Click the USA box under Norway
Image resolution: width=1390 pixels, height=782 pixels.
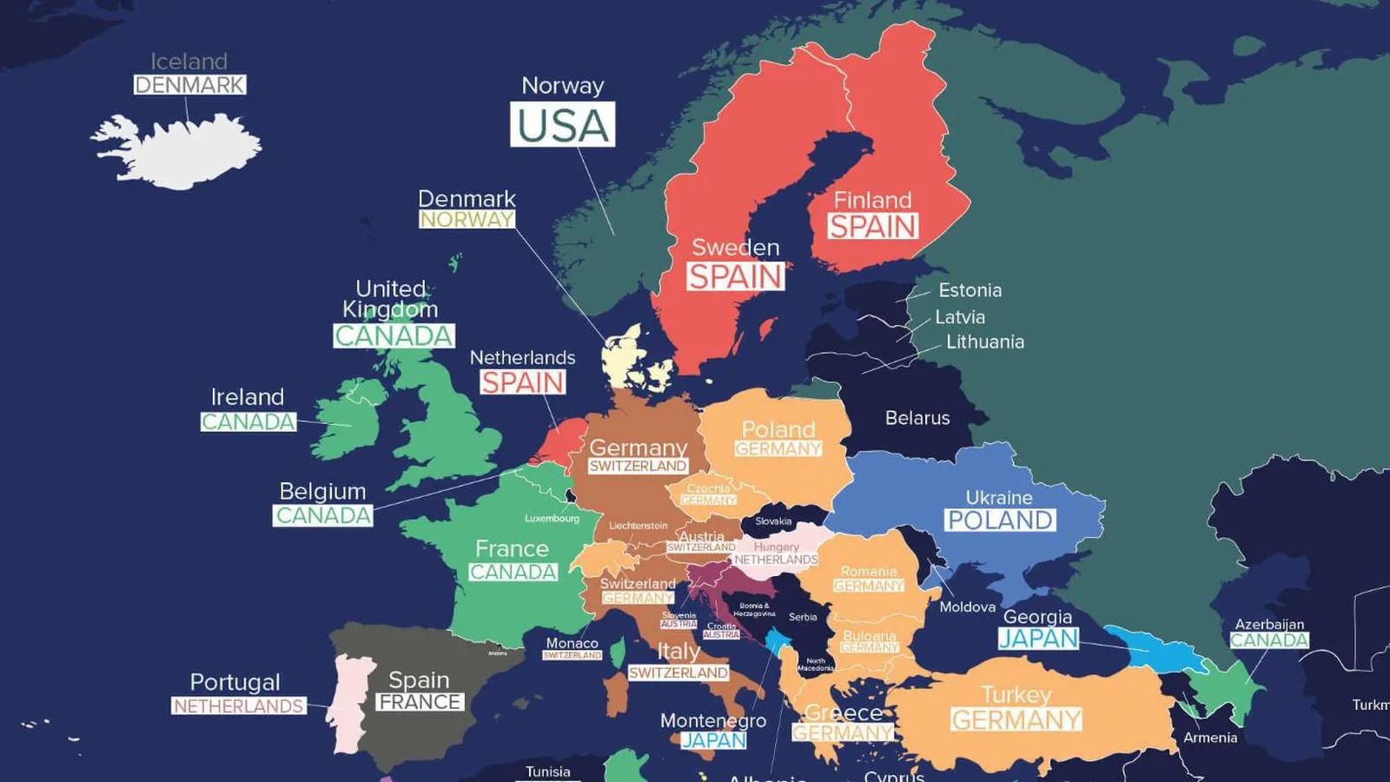click(x=562, y=124)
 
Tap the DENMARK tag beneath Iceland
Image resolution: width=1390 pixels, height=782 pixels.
click(x=189, y=85)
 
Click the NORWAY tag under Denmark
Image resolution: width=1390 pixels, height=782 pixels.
click(x=467, y=220)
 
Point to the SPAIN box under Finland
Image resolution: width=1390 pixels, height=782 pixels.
click(x=872, y=227)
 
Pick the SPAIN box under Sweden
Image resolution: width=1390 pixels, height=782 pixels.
click(x=735, y=277)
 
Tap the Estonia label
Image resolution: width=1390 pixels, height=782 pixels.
click(x=970, y=290)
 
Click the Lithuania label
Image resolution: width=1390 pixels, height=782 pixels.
click(x=984, y=341)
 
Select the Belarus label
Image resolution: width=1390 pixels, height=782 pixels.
click(x=917, y=418)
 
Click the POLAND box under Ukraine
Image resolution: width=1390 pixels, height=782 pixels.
click(x=1000, y=520)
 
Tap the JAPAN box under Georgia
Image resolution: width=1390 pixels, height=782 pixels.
click(x=1038, y=639)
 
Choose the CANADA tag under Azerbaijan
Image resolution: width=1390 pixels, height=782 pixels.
click(x=1268, y=640)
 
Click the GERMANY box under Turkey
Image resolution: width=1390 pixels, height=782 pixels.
click(x=1016, y=720)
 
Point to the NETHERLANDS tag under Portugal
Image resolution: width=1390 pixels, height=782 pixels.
click(x=238, y=706)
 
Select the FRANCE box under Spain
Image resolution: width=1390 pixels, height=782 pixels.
click(x=420, y=702)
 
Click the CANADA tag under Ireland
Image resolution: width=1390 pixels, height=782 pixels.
click(x=248, y=421)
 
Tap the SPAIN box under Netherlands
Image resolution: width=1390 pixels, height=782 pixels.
click(x=522, y=382)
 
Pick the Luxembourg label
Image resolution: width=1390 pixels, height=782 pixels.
click(x=552, y=519)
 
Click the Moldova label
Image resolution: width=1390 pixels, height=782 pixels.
click(x=967, y=606)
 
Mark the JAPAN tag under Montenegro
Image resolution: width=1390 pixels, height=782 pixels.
click(x=713, y=740)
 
